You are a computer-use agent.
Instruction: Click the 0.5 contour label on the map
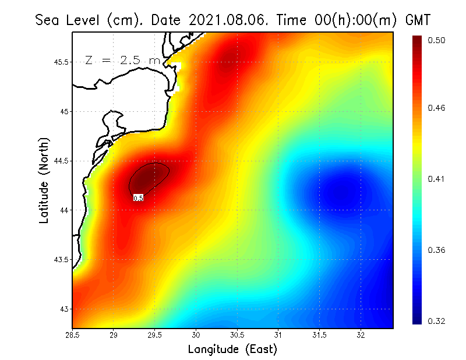pyautogui.click(x=139, y=198)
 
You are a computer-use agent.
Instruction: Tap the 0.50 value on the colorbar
pyautogui.click(x=437, y=40)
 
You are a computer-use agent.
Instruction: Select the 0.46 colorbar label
pyautogui.click(x=437, y=108)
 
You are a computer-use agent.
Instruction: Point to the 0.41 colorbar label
pyautogui.click(x=437, y=179)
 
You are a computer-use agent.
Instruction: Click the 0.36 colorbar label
pyautogui.click(x=437, y=250)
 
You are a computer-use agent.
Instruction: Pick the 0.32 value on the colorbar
pyautogui.click(x=437, y=321)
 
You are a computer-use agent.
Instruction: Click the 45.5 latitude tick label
pyautogui.click(x=59, y=62)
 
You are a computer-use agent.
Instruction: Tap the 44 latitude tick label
pyautogui.click(x=63, y=210)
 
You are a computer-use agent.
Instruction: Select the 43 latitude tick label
pyautogui.click(x=63, y=309)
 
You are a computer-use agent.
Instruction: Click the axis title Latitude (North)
pyautogui.click(x=44, y=180)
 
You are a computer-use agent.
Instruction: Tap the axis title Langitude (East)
pyautogui.click(x=232, y=349)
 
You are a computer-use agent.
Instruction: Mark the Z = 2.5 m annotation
pyautogui.click(x=122, y=60)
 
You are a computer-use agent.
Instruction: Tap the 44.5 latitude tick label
pyautogui.click(x=59, y=161)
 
